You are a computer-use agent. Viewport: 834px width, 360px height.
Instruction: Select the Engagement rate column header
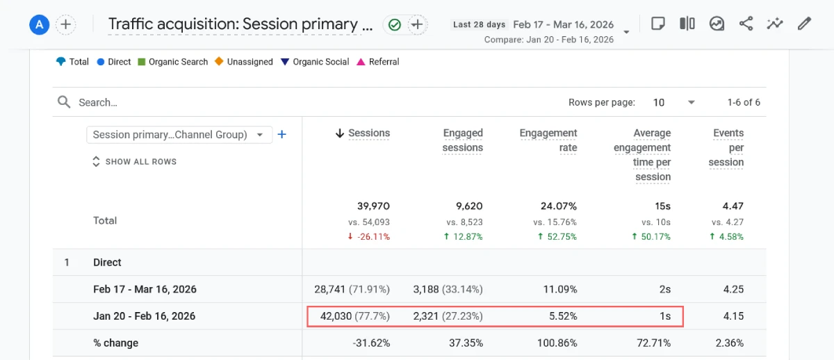548,140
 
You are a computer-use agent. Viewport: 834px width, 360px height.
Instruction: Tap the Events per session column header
728,147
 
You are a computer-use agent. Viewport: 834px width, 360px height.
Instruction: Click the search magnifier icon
64,102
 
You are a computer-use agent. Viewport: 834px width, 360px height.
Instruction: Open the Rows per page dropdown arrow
691,102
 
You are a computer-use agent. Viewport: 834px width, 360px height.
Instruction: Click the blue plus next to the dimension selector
282,135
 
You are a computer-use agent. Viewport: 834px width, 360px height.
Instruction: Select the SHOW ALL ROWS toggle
134,161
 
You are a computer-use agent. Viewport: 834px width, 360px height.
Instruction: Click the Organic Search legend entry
173,62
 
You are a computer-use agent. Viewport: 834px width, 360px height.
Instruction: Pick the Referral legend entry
378,62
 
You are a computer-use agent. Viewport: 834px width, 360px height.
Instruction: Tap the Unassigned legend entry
244,62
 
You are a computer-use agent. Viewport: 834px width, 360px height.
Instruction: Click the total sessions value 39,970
368,206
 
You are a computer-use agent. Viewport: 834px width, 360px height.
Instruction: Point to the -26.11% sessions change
368,236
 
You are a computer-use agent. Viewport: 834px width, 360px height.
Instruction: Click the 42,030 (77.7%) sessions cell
354,316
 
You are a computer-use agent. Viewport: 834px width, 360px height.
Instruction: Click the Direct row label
107,263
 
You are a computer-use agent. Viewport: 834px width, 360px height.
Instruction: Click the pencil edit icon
804,24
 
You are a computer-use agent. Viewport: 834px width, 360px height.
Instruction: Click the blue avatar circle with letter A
39,25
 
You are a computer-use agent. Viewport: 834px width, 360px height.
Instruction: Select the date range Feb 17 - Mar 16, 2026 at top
563,24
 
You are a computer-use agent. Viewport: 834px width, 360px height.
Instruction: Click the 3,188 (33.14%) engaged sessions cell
448,289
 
